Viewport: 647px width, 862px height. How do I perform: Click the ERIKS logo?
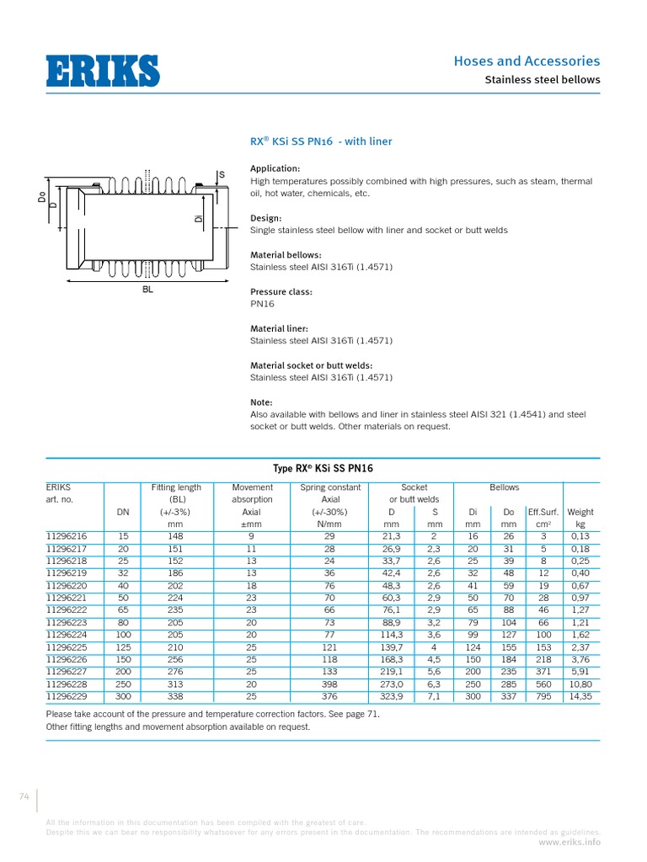pos(102,71)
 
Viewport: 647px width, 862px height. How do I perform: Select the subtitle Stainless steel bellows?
pos(542,80)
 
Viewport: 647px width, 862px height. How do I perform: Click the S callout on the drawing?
pos(222,175)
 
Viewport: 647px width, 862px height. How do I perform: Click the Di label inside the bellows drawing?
pos(199,219)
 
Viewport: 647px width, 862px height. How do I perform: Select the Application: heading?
pos(275,168)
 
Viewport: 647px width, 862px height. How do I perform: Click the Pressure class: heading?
pos(281,292)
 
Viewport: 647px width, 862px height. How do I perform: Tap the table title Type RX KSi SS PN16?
pos(323,469)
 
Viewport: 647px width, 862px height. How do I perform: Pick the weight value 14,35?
pos(580,698)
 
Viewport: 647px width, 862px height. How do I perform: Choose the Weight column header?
pos(580,512)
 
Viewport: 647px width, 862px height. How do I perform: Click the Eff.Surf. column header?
pos(543,512)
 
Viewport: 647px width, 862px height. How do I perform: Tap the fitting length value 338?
pos(176,698)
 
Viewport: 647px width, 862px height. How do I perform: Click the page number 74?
pos(24,795)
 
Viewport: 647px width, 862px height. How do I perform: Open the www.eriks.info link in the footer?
pos(569,841)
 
